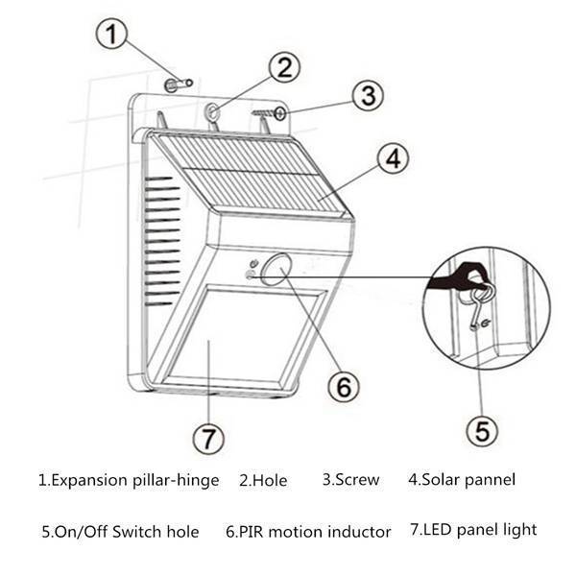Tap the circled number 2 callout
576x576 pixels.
tap(283, 66)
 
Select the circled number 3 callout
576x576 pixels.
tap(367, 96)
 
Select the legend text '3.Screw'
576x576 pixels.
tap(350, 479)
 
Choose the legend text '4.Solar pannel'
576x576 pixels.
tap(462, 479)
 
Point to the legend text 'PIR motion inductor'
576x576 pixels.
tap(308, 531)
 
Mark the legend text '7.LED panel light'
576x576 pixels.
tap(473, 529)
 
